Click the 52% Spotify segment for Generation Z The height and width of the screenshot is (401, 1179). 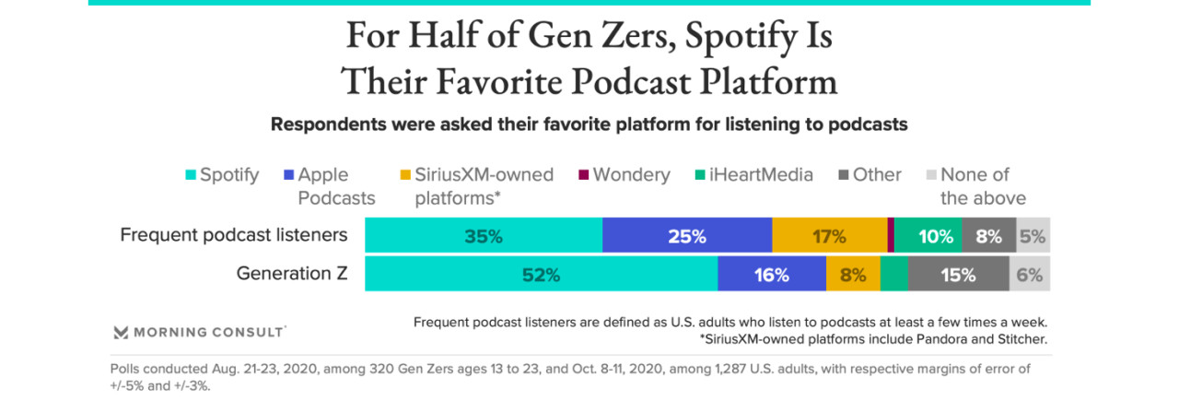click(541, 274)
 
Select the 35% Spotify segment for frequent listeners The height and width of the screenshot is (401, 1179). click(484, 236)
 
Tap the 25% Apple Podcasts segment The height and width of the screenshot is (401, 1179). click(686, 236)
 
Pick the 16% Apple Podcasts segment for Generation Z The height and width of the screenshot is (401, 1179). click(771, 274)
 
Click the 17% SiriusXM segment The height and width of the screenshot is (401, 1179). click(829, 236)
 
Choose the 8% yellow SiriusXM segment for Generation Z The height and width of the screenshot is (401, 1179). click(853, 274)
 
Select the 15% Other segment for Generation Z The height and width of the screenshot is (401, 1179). click(958, 274)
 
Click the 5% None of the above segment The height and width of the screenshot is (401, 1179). click(1033, 236)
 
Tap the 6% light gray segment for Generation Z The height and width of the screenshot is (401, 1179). click(1029, 274)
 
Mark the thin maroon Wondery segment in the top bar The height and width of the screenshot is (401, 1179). click(891, 236)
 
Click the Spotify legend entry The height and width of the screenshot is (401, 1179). click(222, 175)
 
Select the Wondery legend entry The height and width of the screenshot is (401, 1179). click(624, 175)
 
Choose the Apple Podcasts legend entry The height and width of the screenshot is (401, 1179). click(329, 186)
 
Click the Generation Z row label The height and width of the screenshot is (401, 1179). click(291, 274)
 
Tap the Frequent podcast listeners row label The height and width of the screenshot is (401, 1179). click(234, 235)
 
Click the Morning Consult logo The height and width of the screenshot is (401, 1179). click(199, 332)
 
